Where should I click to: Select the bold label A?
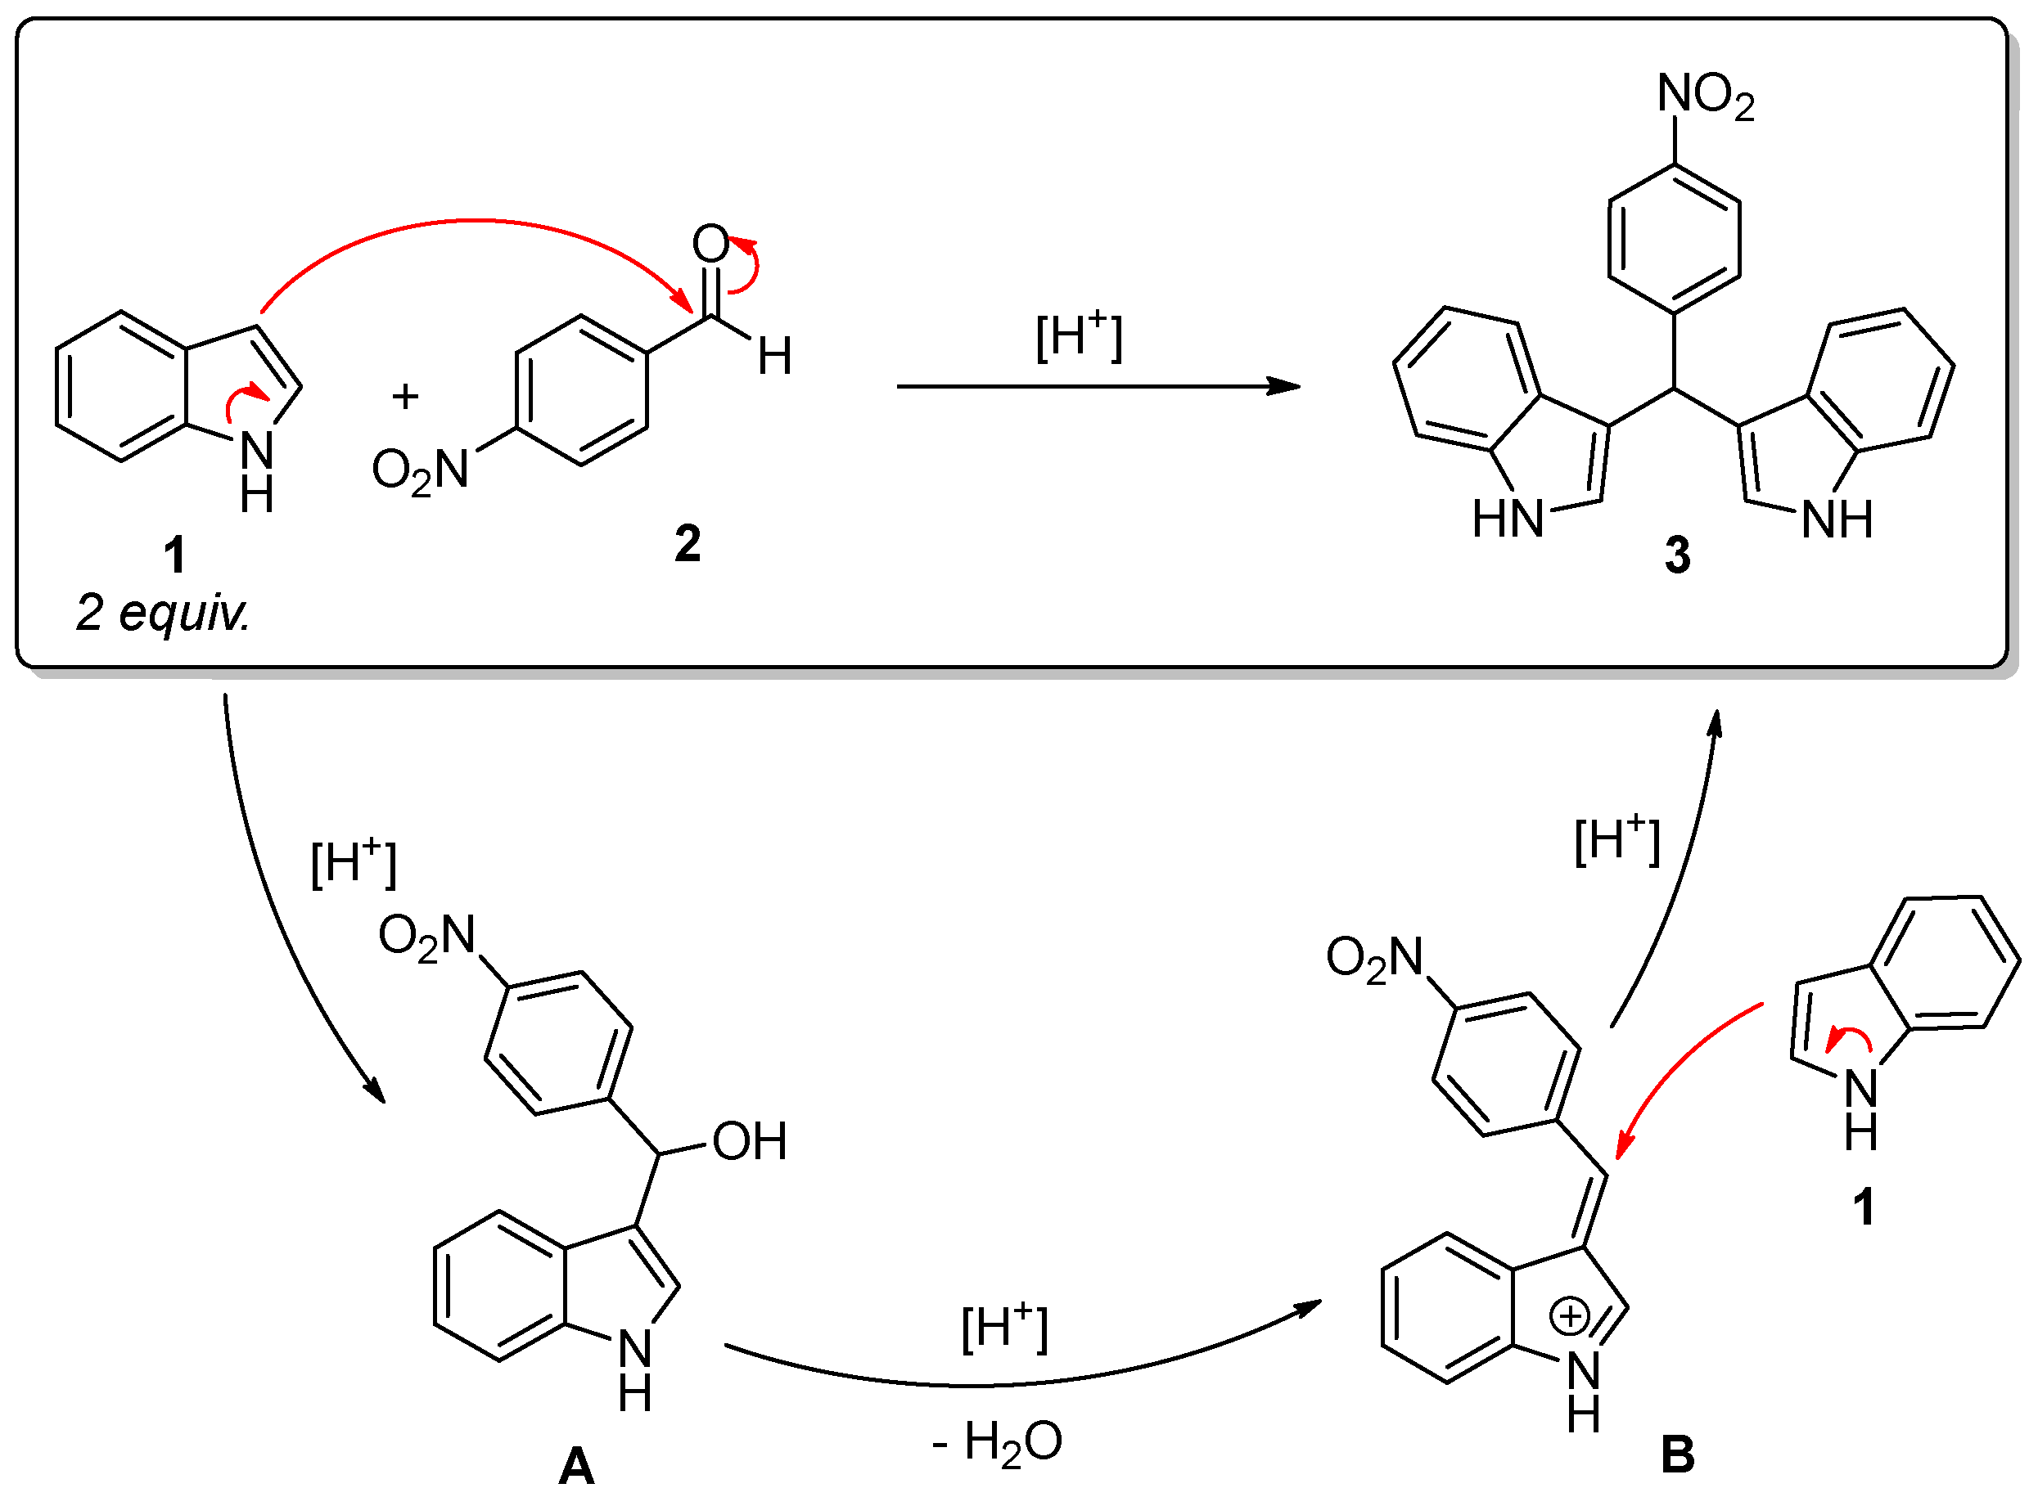click(576, 1467)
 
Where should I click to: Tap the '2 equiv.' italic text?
click(162, 613)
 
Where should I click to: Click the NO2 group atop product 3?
click(1705, 96)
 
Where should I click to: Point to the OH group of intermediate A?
click(749, 1141)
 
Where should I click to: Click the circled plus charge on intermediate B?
click(1569, 1316)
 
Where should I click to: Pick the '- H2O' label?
click(997, 1443)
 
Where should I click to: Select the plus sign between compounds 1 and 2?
click(405, 396)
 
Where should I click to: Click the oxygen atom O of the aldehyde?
click(710, 244)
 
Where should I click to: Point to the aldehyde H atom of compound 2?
click(774, 357)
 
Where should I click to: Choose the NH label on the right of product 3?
click(1837, 519)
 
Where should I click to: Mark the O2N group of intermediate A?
click(426, 936)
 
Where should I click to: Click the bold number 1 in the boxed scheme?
click(174, 555)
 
